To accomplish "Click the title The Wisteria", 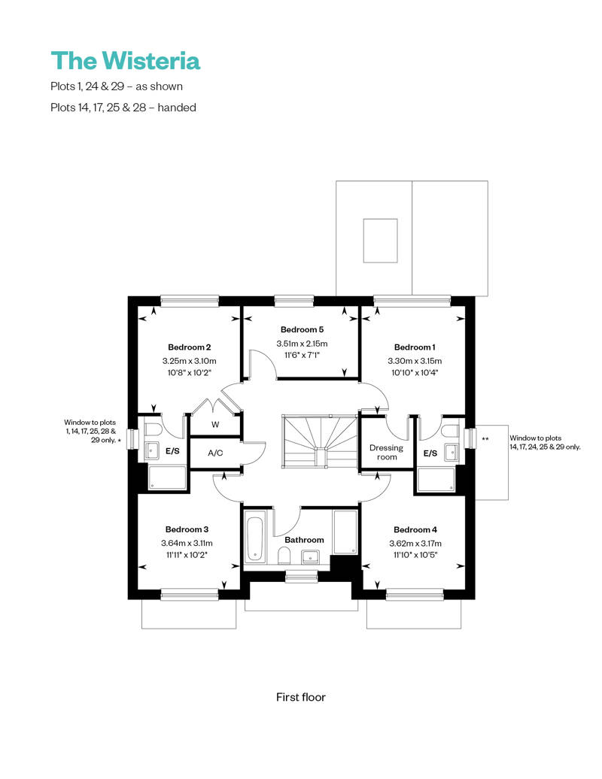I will pos(125,60).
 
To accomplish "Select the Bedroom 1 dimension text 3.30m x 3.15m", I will pos(415,360).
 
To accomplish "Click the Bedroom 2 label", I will pos(189,347).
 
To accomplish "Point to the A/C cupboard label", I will pos(215,453).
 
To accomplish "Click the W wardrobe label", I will pos(215,425).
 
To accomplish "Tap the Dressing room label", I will pos(387,452).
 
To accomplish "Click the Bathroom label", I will pos(304,540).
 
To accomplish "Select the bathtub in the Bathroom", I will pos(254,537).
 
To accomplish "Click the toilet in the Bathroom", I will pos(284,556).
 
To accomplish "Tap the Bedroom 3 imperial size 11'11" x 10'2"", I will pos(187,555).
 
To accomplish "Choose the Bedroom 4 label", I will pos(415,529).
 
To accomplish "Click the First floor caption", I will pos(300,697).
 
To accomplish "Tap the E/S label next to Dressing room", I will pos(430,453).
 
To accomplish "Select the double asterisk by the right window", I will pos(485,438).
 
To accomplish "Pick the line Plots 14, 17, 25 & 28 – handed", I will pos(123,108).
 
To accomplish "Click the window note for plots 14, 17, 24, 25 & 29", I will pos(545,442).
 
